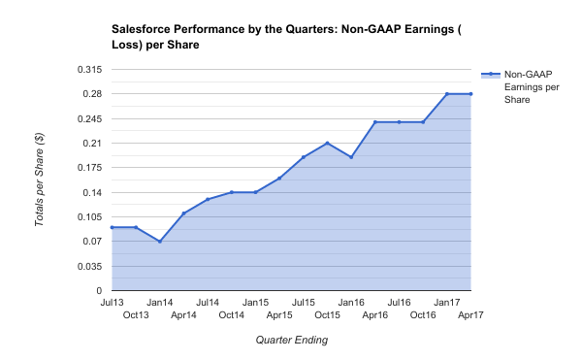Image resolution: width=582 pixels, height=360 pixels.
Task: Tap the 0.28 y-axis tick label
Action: [92, 94]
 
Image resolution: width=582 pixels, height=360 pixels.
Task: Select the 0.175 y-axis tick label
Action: [88, 168]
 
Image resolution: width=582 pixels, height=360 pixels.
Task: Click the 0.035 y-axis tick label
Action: [88, 266]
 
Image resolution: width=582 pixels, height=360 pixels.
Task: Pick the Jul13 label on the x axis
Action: [113, 303]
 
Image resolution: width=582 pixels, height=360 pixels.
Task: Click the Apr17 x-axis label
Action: [470, 315]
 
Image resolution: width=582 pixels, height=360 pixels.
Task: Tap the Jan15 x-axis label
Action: [255, 303]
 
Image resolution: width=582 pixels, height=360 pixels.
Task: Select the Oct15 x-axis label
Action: [327, 315]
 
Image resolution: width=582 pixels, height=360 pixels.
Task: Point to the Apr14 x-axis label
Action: [183, 315]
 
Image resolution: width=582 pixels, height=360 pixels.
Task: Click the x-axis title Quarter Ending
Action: [291, 341]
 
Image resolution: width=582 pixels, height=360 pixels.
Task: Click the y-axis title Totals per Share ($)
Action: [40, 180]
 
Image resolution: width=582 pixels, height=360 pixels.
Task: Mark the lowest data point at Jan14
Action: [160, 242]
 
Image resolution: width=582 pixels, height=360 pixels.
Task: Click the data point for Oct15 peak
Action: [327, 143]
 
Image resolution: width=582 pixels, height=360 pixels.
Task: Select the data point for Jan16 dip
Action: [351, 157]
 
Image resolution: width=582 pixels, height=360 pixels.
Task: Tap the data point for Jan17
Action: [447, 94]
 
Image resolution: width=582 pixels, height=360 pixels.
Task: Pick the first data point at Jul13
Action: [113, 227]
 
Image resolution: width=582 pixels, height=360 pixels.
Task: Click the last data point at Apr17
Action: [470, 94]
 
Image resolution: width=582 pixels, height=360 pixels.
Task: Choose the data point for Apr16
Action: [375, 122]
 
